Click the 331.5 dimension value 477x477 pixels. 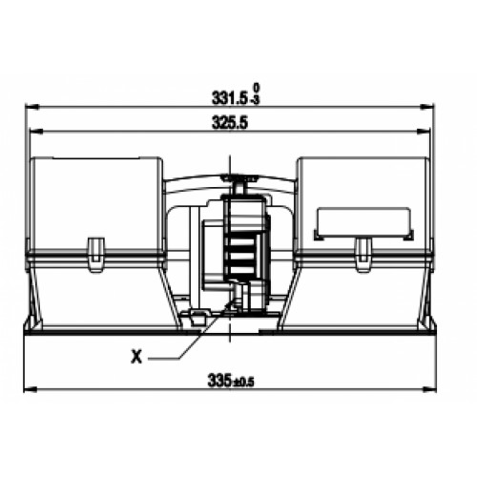tap(230, 98)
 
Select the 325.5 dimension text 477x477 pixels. tap(230, 123)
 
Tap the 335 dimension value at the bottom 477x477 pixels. tap(219, 381)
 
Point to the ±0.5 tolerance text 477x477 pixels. tap(243, 383)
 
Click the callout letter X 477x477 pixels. tap(136, 357)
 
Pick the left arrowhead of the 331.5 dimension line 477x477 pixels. tap(31, 107)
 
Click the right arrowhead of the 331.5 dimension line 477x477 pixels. tap(426, 107)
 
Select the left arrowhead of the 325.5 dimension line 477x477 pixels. tap(36, 131)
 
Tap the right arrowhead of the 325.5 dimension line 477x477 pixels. tap(424, 131)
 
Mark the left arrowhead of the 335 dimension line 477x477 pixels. tap(31, 389)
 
